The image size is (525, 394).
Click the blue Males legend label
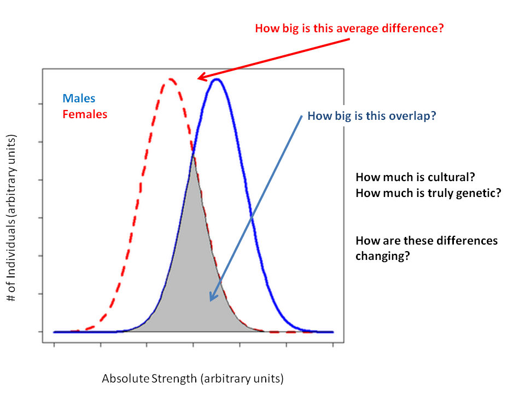pos(79,99)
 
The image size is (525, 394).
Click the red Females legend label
pos(85,114)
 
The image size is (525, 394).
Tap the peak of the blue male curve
pos(217,79)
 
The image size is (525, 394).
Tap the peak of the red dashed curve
pos(171,79)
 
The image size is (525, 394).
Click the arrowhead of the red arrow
pos(200,78)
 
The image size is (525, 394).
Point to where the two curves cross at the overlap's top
pos(194,157)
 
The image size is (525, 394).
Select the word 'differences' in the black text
pos(469,241)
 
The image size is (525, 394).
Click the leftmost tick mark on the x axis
pos(54,345)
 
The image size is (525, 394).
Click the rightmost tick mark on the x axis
pos(333,345)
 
